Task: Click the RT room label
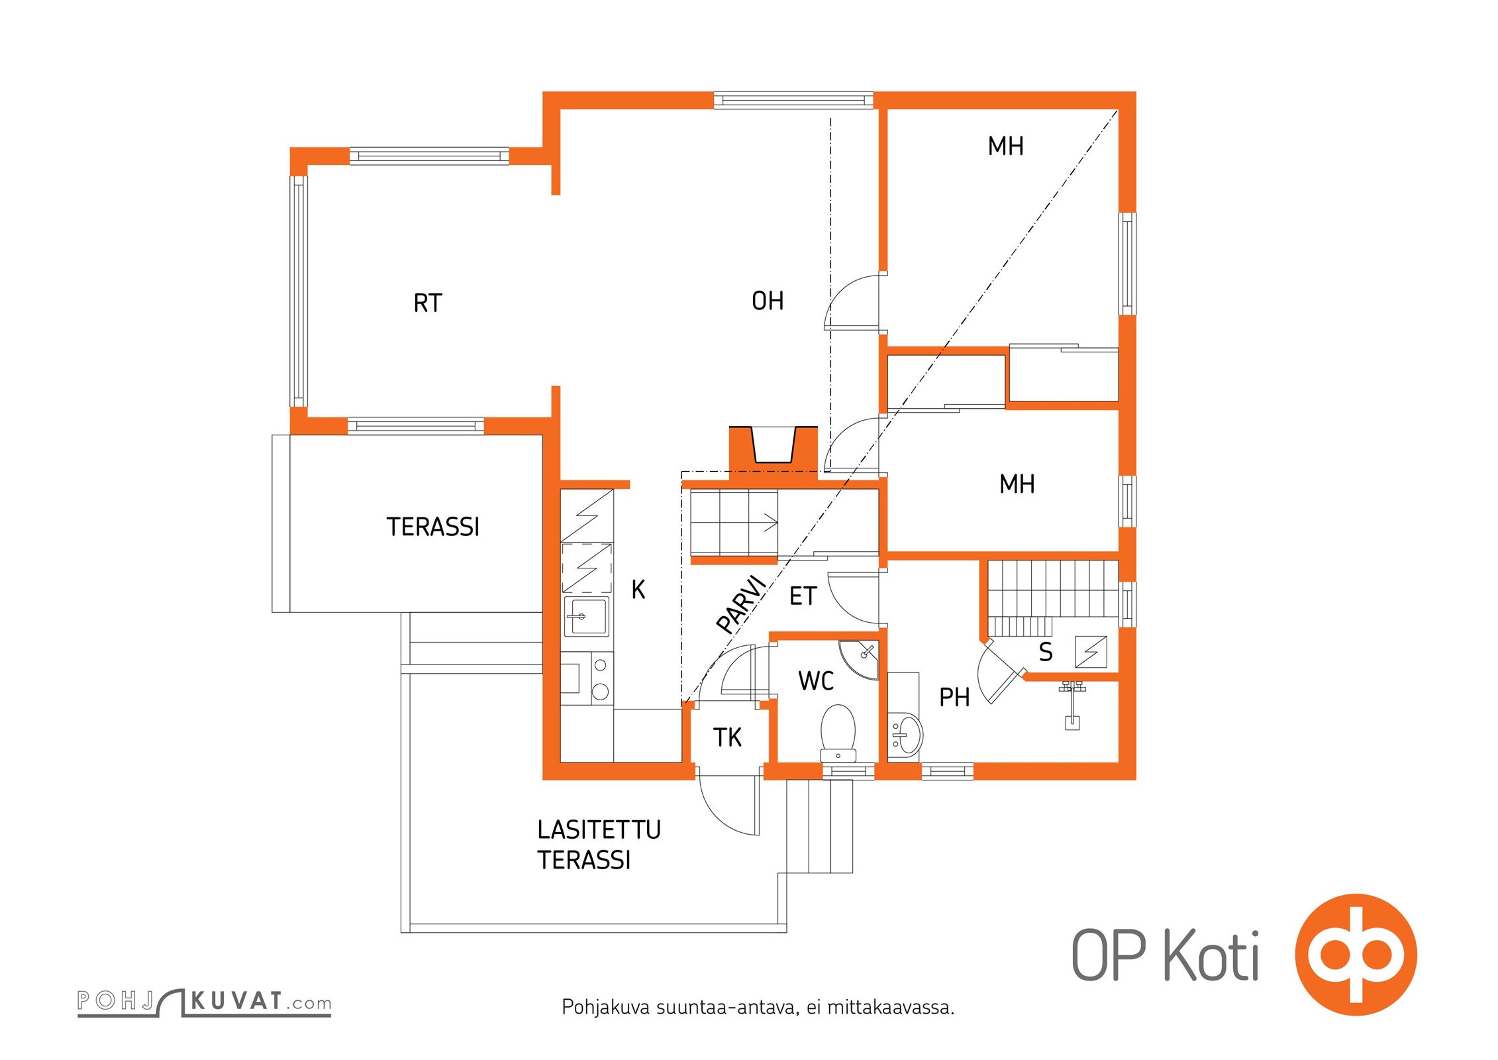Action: (x=427, y=303)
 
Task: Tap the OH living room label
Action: (x=768, y=301)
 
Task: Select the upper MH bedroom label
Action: (x=1005, y=146)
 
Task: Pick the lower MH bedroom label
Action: (x=1017, y=484)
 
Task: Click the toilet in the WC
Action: (x=838, y=733)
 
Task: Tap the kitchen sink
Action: (x=585, y=616)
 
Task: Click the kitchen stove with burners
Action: (x=587, y=677)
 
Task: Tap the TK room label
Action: (x=727, y=737)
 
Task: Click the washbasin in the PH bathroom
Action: (x=905, y=734)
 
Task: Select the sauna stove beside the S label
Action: (x=1091, y=651)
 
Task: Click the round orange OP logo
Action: (x=1356, y=955)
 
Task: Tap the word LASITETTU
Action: (x=599, y=829)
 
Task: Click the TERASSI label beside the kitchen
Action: (x=432, y=527)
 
